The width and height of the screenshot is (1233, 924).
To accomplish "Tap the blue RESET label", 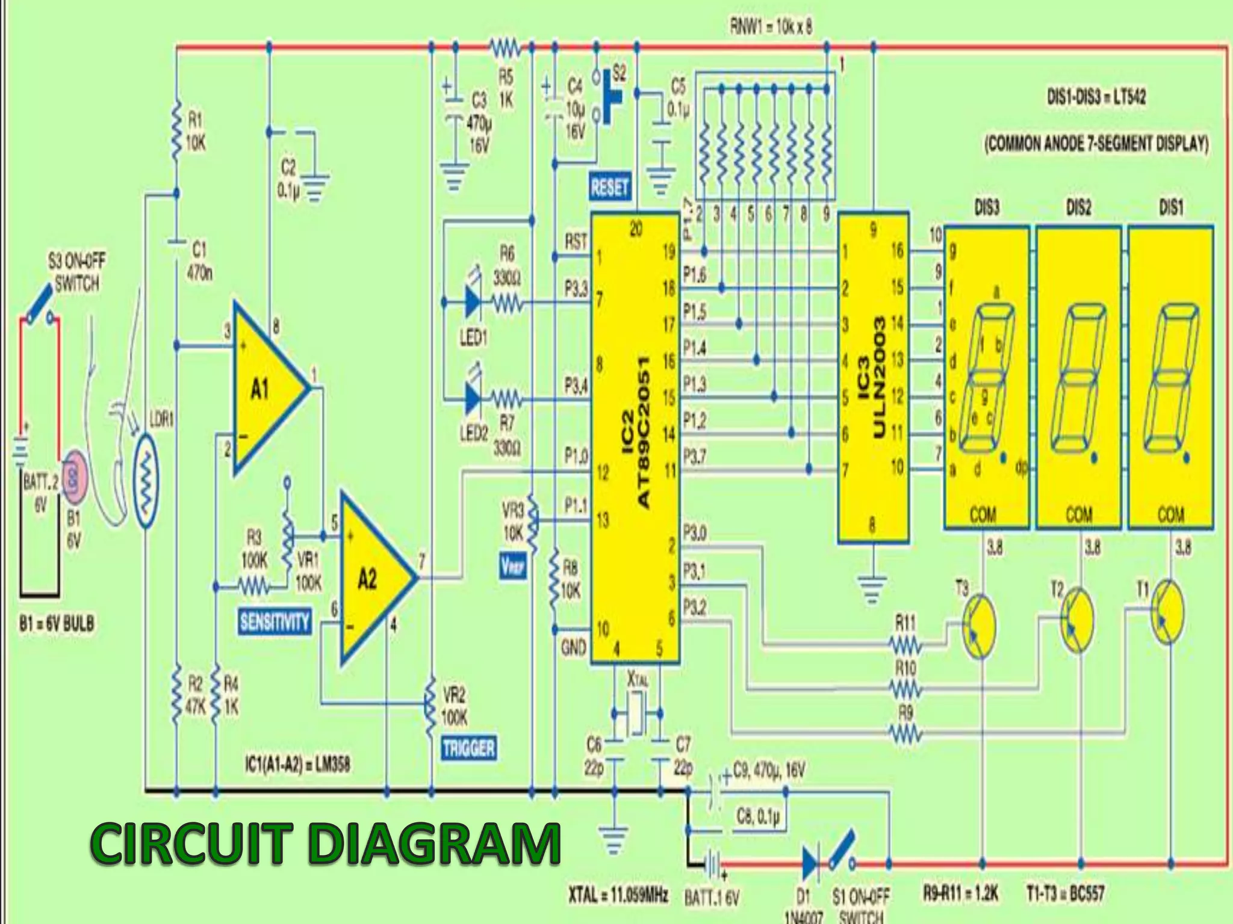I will pos(609,188).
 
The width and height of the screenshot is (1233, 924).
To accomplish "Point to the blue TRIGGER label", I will pos(468,749).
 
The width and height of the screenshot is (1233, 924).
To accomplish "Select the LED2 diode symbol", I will pos(473,398).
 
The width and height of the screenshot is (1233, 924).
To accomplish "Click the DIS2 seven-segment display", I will pos(1078,378).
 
